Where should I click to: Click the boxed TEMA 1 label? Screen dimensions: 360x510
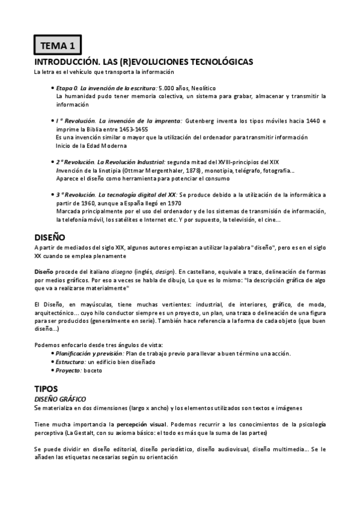tap(58, 45)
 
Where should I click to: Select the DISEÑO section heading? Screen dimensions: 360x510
tap(50, 237)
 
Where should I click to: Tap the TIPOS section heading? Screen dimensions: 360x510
tap(46, 388)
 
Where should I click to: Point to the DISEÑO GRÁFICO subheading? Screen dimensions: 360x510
tap(60, 399)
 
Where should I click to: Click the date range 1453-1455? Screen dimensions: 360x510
tap(133, 129)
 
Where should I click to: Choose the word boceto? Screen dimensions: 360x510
tap(94, 370)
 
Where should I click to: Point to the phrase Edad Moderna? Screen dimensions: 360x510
tap(108, 146)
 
